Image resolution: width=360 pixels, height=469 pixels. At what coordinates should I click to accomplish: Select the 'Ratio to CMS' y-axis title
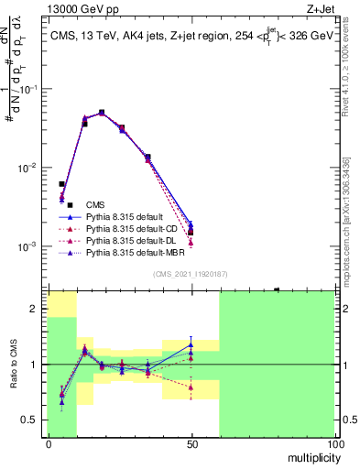(13, 365)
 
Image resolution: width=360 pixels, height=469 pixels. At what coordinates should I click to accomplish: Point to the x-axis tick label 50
(191, 443)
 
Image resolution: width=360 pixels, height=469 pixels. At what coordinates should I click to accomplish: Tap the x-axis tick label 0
(49, 443)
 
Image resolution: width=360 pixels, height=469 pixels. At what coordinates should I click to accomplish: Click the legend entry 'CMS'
(95, 204)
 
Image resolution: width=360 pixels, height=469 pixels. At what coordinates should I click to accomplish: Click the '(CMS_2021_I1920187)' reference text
(191, 273)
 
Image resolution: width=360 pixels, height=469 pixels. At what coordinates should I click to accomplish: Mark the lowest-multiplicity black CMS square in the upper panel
(61, 184)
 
